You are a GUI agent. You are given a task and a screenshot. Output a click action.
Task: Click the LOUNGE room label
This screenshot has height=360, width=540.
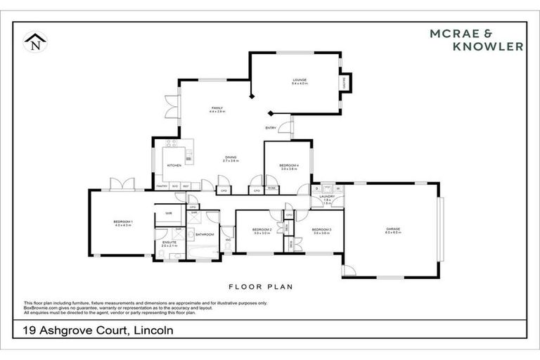click(x=300, y=81)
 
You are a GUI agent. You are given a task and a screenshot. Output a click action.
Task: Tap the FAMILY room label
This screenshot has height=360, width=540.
click(x=217, y=108)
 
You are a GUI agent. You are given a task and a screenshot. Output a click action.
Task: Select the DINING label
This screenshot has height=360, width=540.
click(x=231, y=157)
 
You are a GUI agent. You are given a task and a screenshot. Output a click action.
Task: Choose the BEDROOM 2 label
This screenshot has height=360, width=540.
click(x=262, y=229)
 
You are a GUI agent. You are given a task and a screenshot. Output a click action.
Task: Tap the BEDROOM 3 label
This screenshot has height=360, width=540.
click(x=321, y=229)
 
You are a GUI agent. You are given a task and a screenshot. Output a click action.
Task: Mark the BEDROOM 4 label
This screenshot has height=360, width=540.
click(x=289, y=165)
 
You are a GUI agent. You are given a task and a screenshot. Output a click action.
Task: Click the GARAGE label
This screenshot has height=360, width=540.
click(x=392, y=229)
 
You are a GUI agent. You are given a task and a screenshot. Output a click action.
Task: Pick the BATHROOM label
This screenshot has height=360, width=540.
click(x=205, y=233)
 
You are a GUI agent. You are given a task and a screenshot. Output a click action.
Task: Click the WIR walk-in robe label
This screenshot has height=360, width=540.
click(x=169, y=213)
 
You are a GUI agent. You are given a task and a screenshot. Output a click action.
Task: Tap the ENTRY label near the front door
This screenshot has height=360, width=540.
click(x=271, y=127)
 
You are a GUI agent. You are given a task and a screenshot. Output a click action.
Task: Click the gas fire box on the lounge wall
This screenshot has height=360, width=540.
click(x=345, y=83)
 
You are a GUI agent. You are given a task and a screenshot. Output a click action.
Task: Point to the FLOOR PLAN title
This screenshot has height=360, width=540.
click(x=260, y=287)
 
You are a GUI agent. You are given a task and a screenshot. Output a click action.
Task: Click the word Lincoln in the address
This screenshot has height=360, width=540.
click(x=148, y=329)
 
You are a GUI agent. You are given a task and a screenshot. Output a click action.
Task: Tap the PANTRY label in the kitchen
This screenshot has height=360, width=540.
click(x=161, y=186)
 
